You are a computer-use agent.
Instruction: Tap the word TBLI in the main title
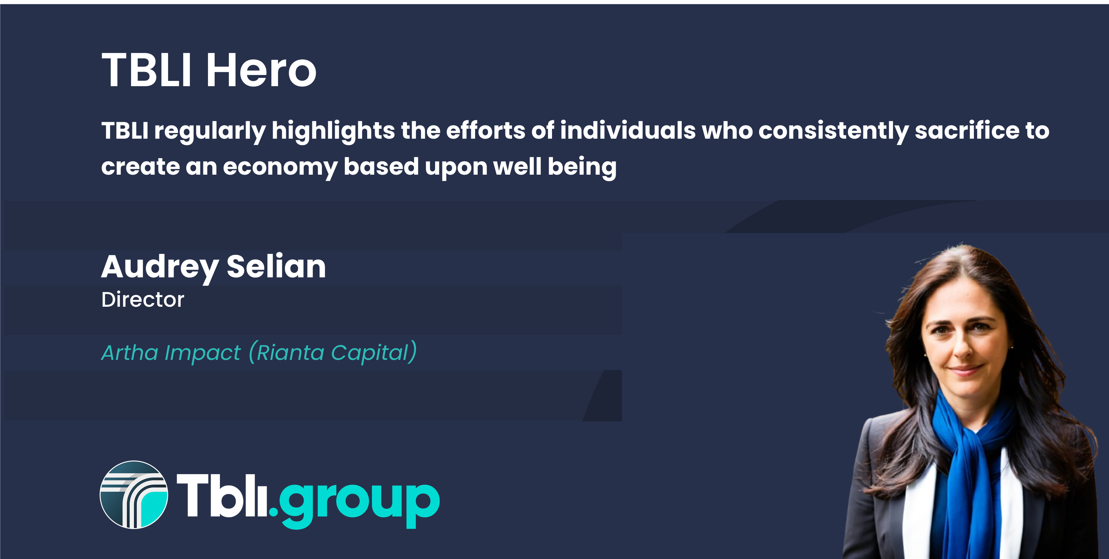pos(146,70)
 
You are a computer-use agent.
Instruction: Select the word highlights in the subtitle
pos(333,131)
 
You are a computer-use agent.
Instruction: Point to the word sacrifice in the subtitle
pos(967,131)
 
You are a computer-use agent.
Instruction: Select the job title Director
pos(143,300)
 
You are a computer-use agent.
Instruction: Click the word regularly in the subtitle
pos(210,131)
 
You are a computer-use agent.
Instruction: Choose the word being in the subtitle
pos(582,167)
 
